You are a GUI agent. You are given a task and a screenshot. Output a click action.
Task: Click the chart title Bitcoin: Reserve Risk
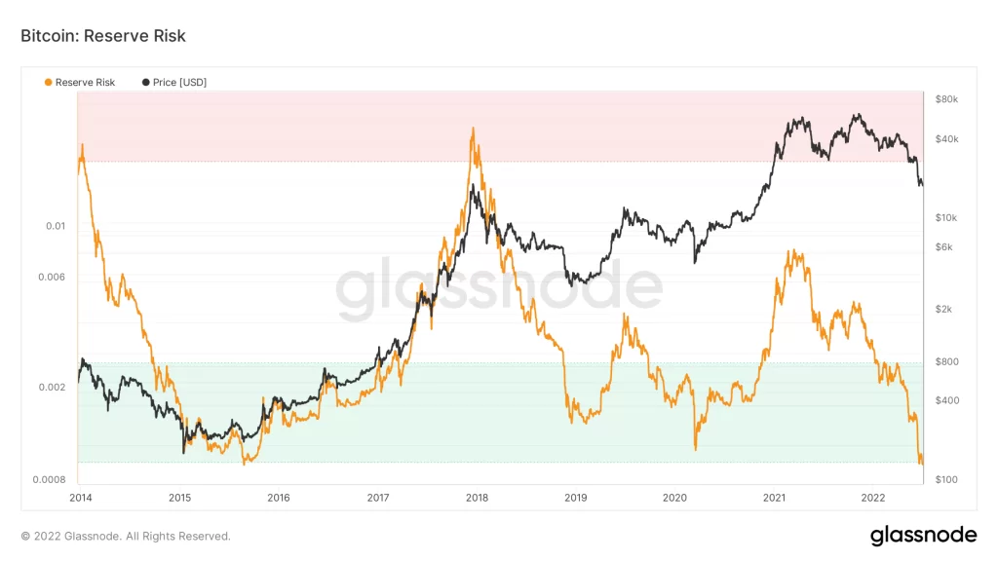[x=102, y=36]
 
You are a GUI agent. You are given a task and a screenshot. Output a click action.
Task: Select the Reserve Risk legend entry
[x=85, y=83]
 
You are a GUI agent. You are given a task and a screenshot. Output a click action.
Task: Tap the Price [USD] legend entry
[x=179, y=83]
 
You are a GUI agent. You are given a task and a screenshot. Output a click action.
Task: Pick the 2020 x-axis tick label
[x=674, y=498]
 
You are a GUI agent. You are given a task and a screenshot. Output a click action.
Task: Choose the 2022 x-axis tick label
[x=873, y=498]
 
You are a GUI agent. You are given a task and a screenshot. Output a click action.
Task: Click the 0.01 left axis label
[x=56, y=226]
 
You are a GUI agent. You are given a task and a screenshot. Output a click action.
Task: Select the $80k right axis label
[x=946, y=99]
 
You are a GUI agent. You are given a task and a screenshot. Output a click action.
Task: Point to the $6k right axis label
[x=944, y=247]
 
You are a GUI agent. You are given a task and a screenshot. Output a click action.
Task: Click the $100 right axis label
[x=946, y=479]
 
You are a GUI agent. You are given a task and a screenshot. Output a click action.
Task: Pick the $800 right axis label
[x=946, y=361]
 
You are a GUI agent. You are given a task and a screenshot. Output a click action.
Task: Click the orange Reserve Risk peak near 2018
[x=472, y=129]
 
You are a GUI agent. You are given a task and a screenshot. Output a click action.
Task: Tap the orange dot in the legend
[x=49, y=83]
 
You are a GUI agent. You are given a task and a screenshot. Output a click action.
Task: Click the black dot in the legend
[x=146, y=83]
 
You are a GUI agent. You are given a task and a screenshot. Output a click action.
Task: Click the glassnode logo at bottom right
[x=923, y=535]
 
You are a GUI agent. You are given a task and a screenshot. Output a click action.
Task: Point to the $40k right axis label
[x=946, y=139]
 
